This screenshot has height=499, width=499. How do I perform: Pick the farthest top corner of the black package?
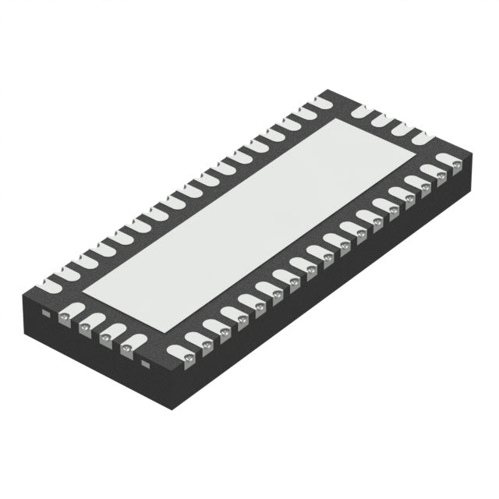[x=324, y=93]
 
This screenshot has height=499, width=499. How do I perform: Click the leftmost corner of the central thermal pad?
[x=82, y=288]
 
